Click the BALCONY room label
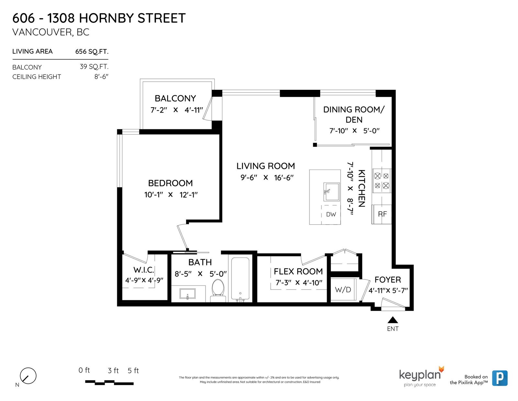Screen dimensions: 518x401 175,98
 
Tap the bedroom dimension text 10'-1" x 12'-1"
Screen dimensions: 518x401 171,195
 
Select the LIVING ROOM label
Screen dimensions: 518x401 265,166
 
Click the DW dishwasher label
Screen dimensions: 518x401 331,214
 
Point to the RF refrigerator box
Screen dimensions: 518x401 382,214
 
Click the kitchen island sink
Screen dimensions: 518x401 331,192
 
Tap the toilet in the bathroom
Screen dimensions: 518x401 218,291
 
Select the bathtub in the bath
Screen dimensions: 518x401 240,279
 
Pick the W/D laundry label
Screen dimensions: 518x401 343,290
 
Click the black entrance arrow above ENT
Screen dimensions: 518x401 393,320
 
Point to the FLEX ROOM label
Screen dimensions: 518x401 298,271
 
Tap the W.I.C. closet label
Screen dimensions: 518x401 143,270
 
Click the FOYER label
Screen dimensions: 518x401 388,279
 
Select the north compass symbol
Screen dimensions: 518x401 28,376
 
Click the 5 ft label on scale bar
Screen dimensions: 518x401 133,371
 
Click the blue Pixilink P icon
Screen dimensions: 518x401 500,378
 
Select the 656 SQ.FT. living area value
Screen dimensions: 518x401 92,52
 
